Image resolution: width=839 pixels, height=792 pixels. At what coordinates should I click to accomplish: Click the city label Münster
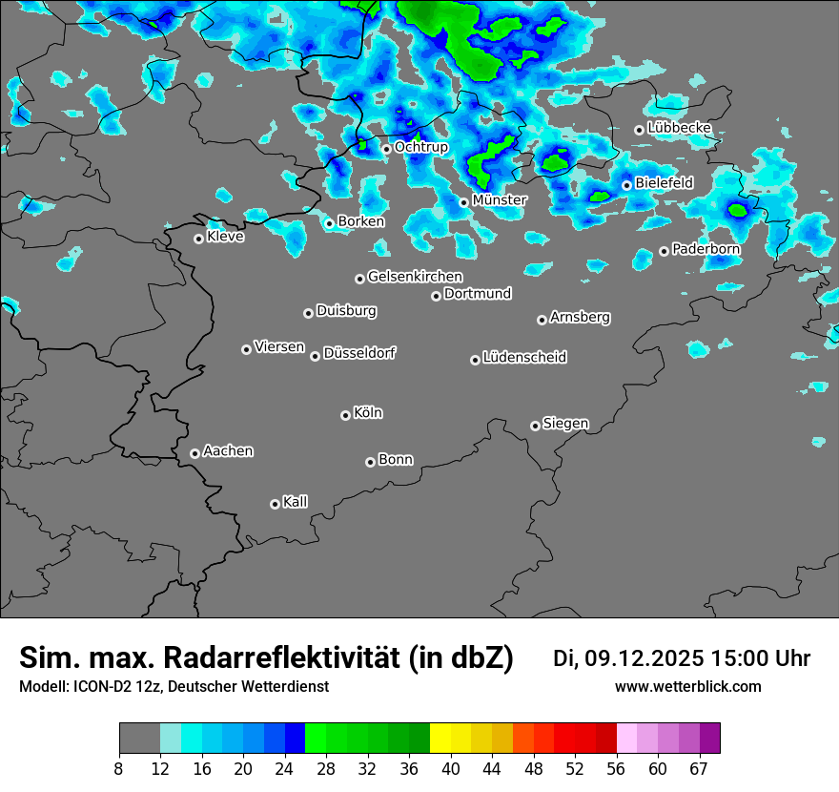coord(500,200)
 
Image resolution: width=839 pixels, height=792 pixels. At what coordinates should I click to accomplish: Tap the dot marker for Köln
coord(345,415)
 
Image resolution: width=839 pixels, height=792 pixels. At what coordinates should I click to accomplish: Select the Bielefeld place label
coord(664,183)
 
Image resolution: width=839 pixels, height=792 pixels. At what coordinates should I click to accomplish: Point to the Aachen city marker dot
coord(194,453)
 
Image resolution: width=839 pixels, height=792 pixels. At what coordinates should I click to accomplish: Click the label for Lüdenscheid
coord(524,358)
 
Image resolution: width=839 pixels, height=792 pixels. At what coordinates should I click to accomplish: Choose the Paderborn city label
coord(706,249)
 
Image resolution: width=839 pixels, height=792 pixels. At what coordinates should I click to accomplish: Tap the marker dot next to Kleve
coord(198,239)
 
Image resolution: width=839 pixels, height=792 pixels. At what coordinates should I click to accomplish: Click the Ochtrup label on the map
coord(420,148)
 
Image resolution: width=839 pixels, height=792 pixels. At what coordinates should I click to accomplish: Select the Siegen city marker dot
coord(535,426)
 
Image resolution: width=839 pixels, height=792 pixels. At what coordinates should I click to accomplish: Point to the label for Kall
coord(296,502)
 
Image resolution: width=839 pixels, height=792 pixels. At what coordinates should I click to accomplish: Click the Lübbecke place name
coord(679,128)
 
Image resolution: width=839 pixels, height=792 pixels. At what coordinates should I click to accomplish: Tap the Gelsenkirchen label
coord(415,277)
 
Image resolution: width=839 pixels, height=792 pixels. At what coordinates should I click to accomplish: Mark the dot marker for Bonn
coord(370,462)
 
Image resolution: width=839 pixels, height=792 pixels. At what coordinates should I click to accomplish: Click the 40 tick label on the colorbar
coord(450,769)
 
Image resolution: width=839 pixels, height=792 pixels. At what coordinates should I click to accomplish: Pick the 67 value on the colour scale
coord(699,769)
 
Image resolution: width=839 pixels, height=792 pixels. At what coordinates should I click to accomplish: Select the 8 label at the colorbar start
coord(119,769)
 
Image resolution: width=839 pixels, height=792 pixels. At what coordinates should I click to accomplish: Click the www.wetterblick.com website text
coord(687,686)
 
